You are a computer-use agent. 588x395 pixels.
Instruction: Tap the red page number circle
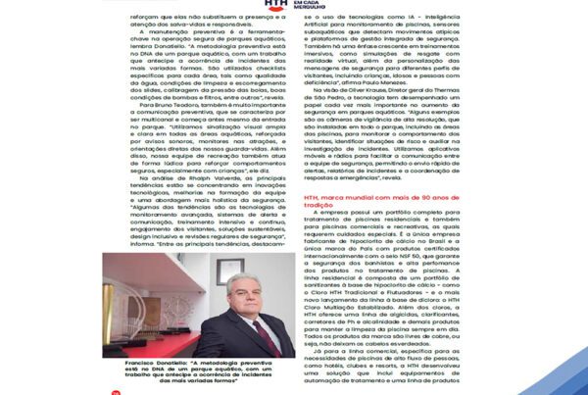pyautogui.click(x=116, y=390)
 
